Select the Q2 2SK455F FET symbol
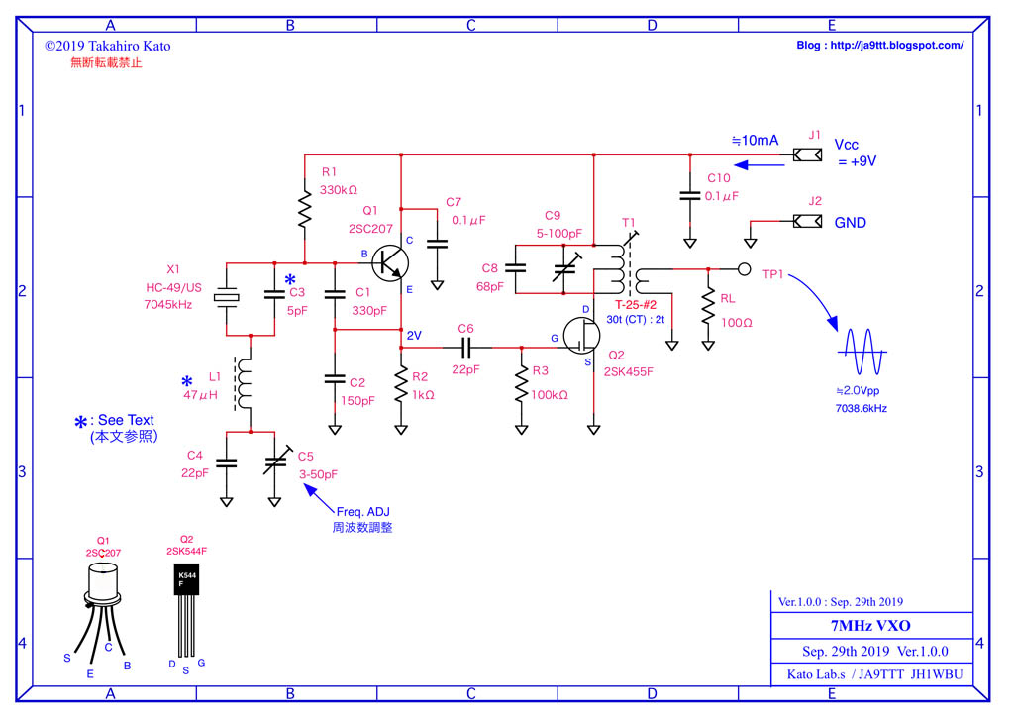pos(582,339)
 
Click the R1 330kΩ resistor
pos(304,210)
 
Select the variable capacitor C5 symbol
pos(274,462)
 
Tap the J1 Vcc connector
pos(807,155)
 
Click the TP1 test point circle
pos(744,268)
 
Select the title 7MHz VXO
pos(870,626)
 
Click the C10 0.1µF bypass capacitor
pos(689,195)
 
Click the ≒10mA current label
pos(755,141)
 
